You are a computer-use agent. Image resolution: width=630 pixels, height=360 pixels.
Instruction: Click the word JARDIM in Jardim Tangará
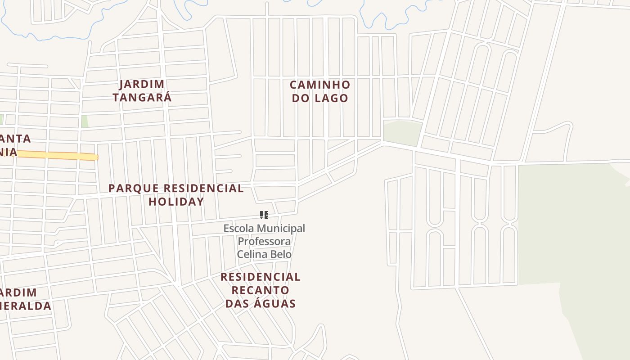tap(142, 84)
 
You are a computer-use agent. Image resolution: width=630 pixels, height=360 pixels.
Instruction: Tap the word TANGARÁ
tap(142, 97)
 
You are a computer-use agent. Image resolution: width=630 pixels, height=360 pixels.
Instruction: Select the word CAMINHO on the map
tap(319, 85)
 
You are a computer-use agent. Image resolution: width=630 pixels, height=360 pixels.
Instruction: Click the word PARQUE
tap(134, 188)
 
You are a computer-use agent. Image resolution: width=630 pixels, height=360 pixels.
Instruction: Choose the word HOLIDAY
tap(176, 202)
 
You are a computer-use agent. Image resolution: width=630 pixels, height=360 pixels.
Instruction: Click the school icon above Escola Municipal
tap(264, 215)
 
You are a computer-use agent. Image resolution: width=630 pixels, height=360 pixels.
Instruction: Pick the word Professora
tap(264, 241)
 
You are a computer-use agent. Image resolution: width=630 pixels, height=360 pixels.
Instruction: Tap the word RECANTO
tap(260, 290)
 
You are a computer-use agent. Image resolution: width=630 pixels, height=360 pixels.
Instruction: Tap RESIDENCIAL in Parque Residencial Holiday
tap(203, 188)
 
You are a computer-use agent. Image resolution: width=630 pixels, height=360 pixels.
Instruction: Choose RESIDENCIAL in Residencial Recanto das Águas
tap(260, 277)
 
